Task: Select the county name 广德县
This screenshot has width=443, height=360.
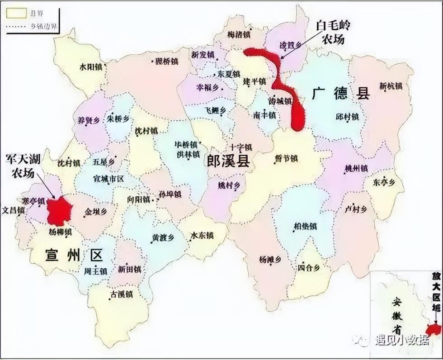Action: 341,94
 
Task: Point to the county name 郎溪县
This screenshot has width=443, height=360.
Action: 228,161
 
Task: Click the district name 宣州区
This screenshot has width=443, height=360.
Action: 74,256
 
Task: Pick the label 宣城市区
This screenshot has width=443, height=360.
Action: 108,179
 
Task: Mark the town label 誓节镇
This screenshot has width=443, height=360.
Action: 286,159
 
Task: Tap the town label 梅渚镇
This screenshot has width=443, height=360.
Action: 240,34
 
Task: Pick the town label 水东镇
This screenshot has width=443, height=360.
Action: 202,236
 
